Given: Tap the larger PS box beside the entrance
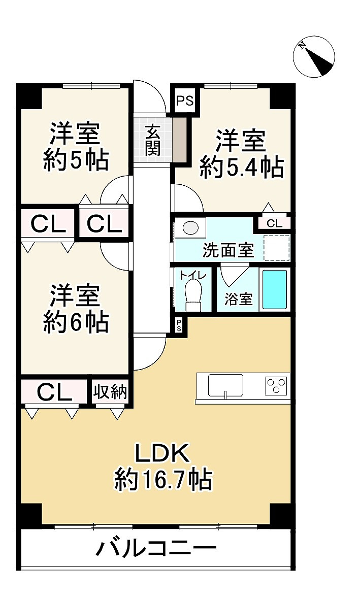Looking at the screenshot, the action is pos(185,101).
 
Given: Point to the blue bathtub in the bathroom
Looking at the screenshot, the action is pos(275,290).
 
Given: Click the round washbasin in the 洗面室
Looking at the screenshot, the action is pos(190,228).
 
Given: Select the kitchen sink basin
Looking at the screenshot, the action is pos(225,386).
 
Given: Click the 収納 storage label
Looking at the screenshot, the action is pos(110,392).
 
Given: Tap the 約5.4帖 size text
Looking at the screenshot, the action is pos(242,167).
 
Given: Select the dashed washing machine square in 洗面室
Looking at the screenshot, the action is pos(277,248).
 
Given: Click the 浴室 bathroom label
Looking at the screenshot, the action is pos(238,300).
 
